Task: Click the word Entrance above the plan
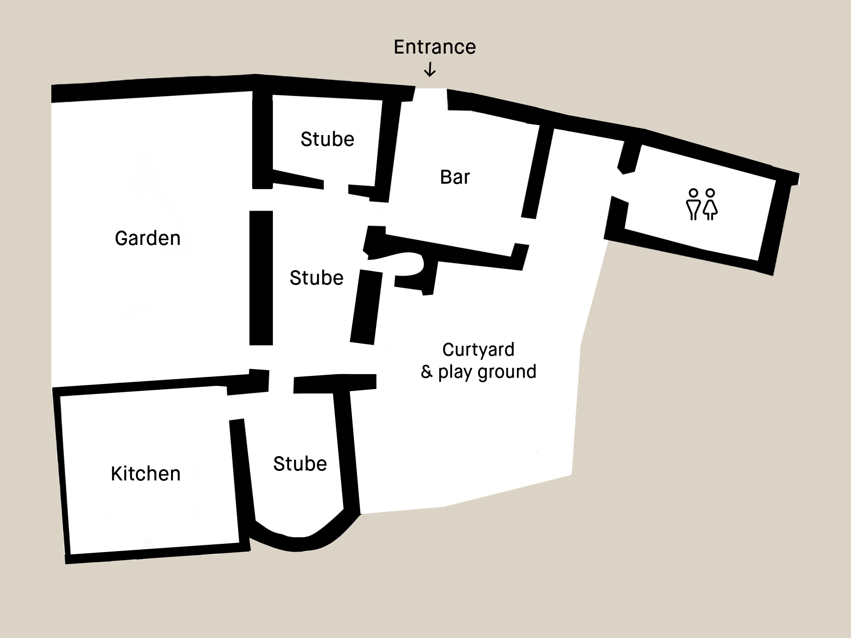[x=435, y=47]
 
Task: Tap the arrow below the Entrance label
[x=430, y=69]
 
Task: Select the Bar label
[x=455, y=177]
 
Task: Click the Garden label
[x=148, y=238]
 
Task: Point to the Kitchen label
[x=145, y=474]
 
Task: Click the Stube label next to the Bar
[x=327, y=139]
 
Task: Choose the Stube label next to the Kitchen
[x=300, y=464]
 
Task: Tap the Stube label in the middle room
[x=317, y=278]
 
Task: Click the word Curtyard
[x=478, y=350]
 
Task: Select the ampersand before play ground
[x=426, y=372]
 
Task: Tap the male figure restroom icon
[x=693, y=204]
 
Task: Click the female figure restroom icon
[x=711, y=204]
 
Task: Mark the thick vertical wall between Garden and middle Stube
[x=261, y=278]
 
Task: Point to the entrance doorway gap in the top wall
[x=430, y=94]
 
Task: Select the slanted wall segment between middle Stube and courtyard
[x=366, y=308]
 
